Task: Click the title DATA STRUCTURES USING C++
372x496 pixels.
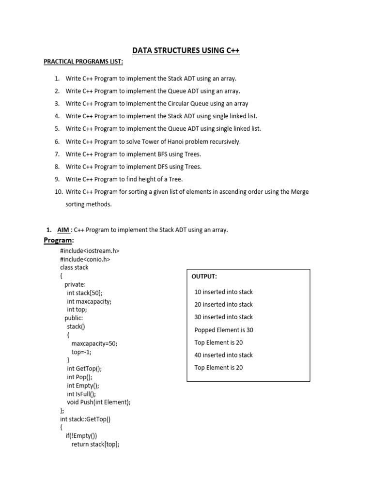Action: [x=186, y=50]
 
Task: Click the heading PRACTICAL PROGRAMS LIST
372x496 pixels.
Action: [x=83, y=62]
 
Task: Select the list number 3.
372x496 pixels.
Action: [x=57, y=104]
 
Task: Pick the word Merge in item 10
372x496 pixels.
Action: [x=300, y=192]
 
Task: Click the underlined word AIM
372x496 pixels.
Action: [x=63, y=230]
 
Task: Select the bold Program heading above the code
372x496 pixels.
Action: [x=58, y=241]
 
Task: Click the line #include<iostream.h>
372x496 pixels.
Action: [x=90, y=251]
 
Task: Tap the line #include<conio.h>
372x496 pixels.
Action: [x=85, y=259]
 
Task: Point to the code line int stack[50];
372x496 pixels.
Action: [x=85, y=293]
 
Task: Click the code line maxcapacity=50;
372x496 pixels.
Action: [x=94, y=343]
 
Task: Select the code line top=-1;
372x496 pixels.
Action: [x=81, y=352]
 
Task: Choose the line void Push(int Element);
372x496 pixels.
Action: [x=99, y=402]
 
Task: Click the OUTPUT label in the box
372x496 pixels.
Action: [x=204, y=276]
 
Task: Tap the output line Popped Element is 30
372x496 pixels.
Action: [x=224, y=330]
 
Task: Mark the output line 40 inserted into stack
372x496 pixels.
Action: [x=223, y=355]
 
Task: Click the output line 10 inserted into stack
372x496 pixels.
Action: [x=223, y=292]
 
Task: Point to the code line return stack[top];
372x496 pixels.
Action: [x=95, y=444]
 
